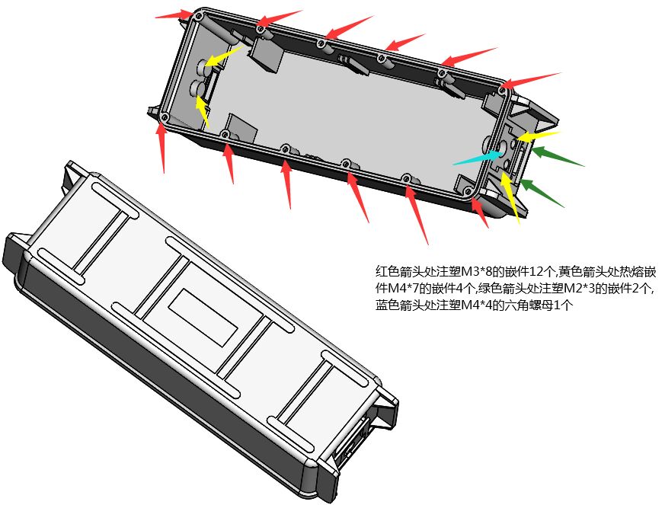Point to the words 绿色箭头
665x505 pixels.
point(502,289)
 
